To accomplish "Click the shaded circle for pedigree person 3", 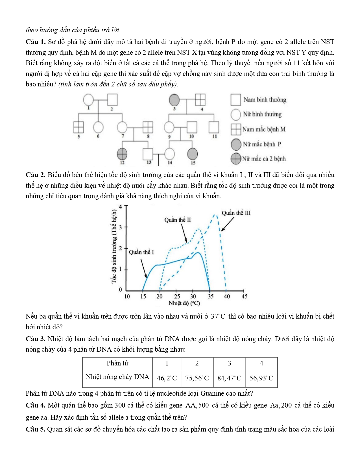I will tap(174, 100).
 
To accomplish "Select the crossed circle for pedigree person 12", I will tap(122, 154).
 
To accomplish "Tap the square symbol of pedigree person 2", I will tap(112, 99).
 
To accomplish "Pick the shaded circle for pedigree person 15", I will tap(193, 154).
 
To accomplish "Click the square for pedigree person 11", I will tap(214, 127).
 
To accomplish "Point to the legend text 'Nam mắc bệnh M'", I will tap(264, 129).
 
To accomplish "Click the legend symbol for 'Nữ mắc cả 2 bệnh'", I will tap(236, 159).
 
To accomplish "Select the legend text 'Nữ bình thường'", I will tap(262, 114).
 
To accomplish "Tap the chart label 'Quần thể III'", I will tap(236, 213).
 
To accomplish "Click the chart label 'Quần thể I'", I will tap(141, 252).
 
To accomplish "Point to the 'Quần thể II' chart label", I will tap(178, 220).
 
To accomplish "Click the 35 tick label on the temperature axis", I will tap(211, 297).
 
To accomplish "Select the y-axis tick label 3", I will tap(120, 227).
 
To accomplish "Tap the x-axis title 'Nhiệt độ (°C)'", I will tap(184, 303).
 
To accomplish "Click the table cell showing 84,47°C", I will tap(229, 378).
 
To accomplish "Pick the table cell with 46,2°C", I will tap(167, 378).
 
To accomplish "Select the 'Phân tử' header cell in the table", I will tap(117, 363).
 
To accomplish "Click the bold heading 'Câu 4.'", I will tap(36, 405).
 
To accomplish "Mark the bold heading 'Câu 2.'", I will tap(36, 175).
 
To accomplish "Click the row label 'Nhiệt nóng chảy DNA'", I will tap(117, 377).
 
